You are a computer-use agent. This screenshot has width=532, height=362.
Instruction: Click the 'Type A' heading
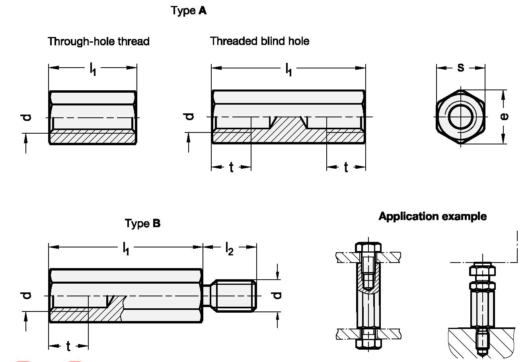pyautogui.click(x=189, y=10)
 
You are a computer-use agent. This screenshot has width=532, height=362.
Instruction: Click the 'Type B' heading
pyautogui.click(x=142, y=223)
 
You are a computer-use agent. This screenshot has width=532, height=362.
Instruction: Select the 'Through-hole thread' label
pyautogui.click(x=98, y=41)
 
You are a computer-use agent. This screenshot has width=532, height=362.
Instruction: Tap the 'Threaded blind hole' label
pyautogui.click(x=259, y=41)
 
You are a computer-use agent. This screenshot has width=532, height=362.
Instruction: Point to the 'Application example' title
pyautogui.click(x=433, y=216)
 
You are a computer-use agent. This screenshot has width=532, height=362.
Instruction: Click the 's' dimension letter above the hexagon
pyautogui.click(x=460, y=68)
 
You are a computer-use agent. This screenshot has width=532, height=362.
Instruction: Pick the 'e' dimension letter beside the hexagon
pyautogui.click(x=504, y=117)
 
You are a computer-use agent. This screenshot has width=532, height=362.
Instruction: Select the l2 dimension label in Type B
pyautogui.click(x=229, y=249)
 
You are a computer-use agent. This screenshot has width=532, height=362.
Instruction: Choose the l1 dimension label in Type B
pyautogui.click(x=126, y=249)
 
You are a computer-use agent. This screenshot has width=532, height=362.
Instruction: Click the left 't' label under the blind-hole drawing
pyautogui.click(x=231, y=167)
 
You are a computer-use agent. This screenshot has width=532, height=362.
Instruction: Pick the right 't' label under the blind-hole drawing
pyautogui.click(x=346, y=167)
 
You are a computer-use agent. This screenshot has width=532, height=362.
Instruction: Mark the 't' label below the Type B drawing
pyautogui.click(x=68, y=346)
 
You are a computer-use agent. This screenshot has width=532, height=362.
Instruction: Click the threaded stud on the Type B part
pyautogui.click(x=235, y=296)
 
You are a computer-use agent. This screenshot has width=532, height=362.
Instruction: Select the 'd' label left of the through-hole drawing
pyautogui.click(x=27, y=117)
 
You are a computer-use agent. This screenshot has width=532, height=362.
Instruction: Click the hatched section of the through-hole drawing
pyautogui.click(x=93, y=137)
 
